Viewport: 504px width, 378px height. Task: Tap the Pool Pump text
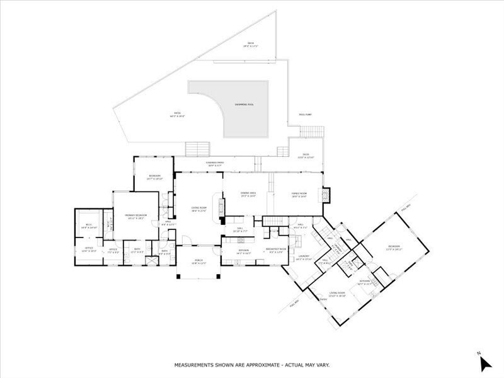pos(305,115)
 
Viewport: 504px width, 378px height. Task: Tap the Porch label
pos(199,263)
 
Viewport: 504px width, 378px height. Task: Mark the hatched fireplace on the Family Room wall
pos(326,195)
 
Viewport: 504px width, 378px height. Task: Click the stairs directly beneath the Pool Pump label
pos(311,132)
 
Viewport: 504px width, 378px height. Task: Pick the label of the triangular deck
pos(251,45)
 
